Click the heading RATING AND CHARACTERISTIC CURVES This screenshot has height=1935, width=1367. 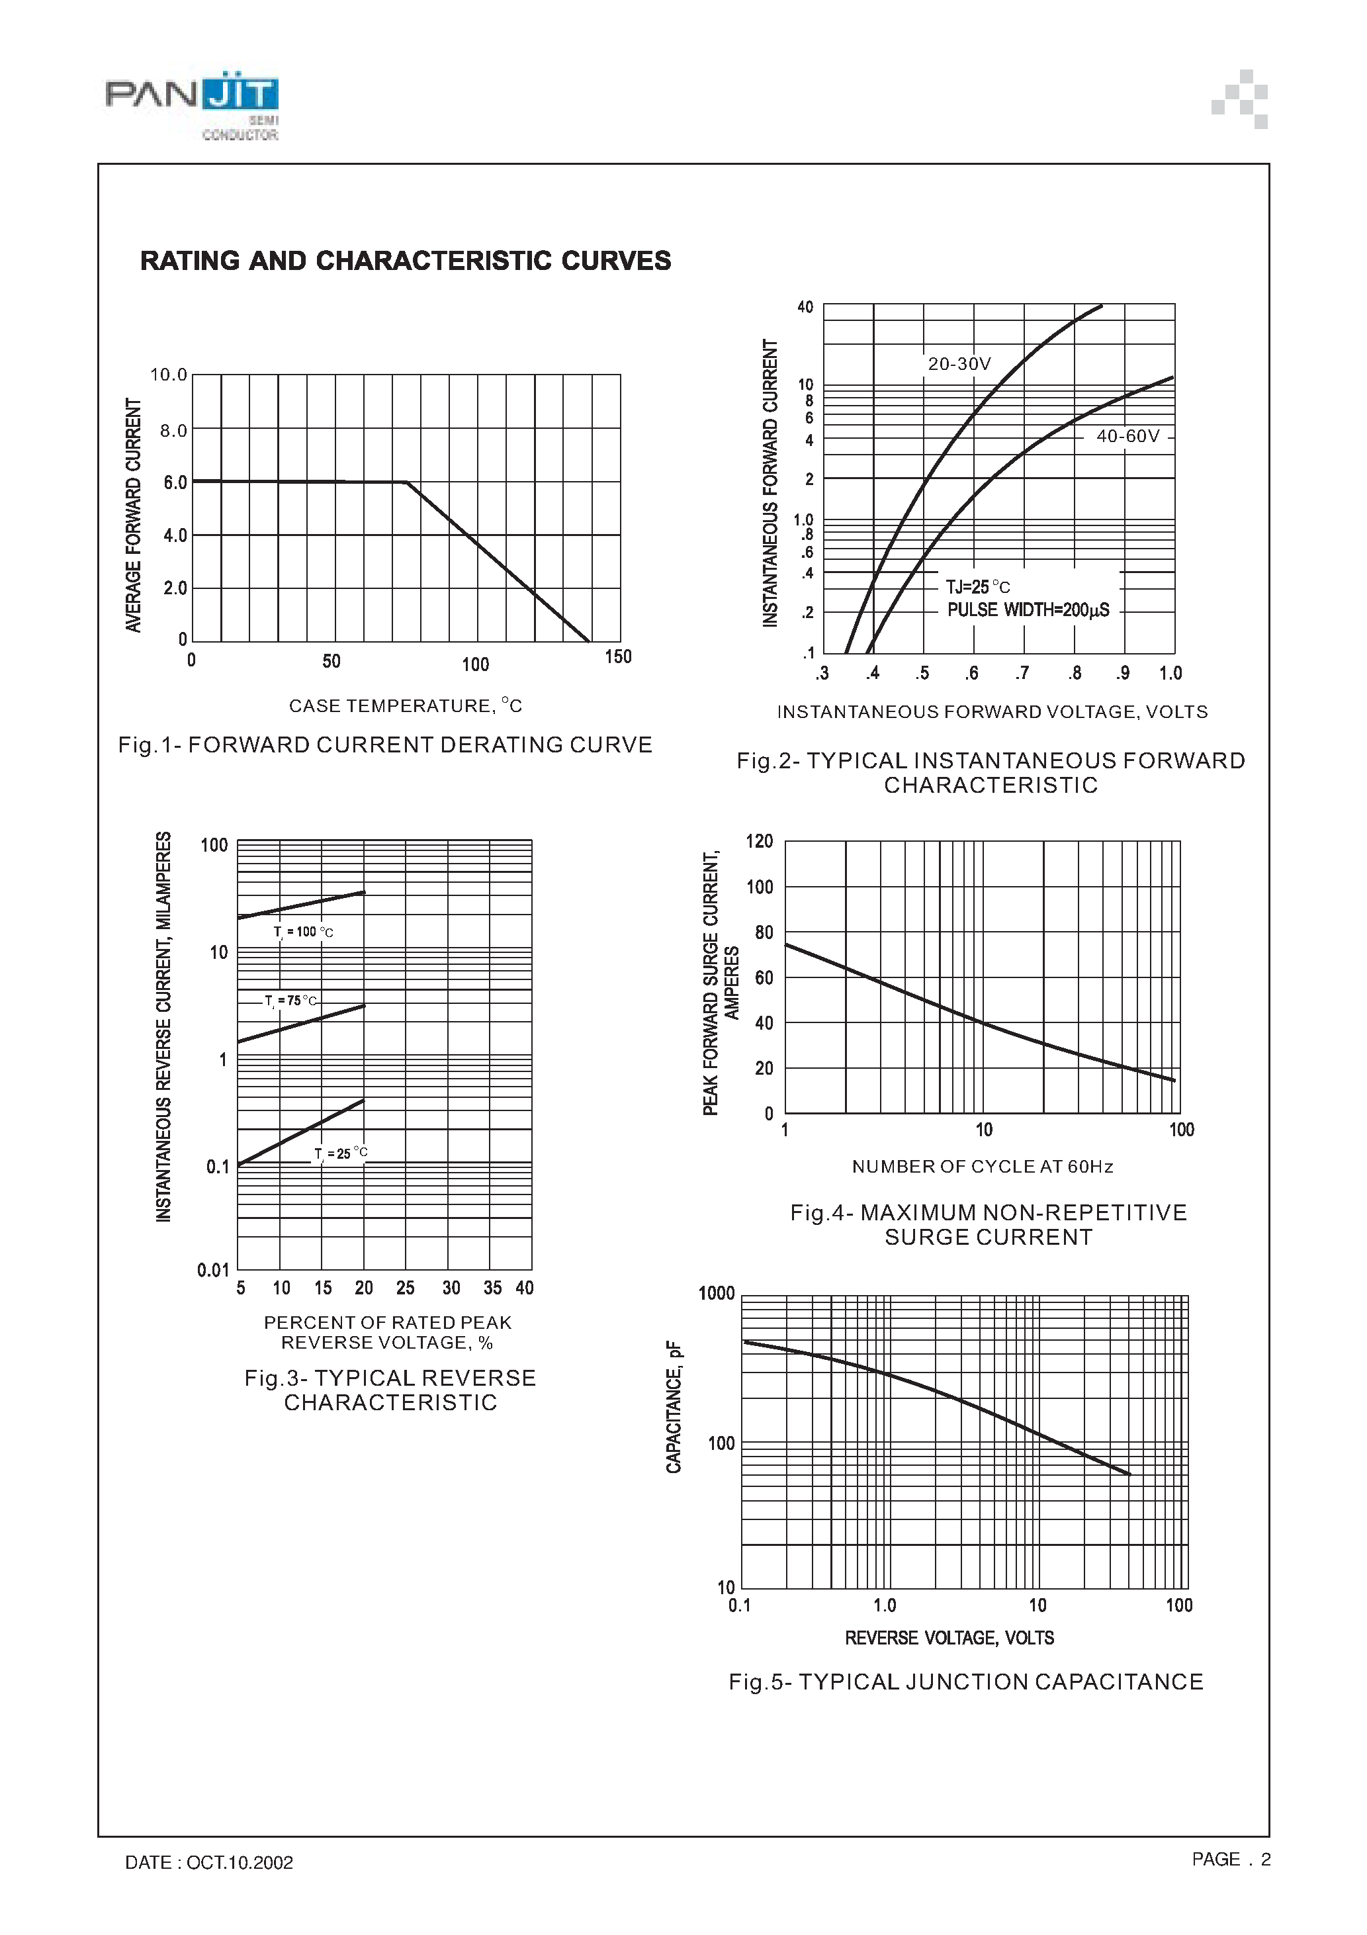[406, 261]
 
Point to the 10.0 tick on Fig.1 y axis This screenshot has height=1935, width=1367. [169, 374]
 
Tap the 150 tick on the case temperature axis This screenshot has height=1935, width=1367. [618, 656]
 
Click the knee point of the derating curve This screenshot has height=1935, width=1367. [407, 482]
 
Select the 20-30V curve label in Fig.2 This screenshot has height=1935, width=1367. [959, 364]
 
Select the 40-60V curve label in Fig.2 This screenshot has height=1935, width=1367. [1127, 435]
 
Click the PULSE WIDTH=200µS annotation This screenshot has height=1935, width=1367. [1028, 610]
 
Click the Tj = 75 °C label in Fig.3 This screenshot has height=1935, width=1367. [290, 1001]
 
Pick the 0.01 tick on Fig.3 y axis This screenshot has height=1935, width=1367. [213, 1269]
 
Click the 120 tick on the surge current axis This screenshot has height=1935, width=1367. [760, 841]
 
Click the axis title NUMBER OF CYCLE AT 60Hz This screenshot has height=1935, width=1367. [983, 1167]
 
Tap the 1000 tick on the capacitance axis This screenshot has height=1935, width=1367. [717, 1294]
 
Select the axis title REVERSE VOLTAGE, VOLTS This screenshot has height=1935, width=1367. [949, 1637]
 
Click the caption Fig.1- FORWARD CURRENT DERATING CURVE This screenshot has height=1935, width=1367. [385, 745]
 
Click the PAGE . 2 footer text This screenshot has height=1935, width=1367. [1231, 1859]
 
